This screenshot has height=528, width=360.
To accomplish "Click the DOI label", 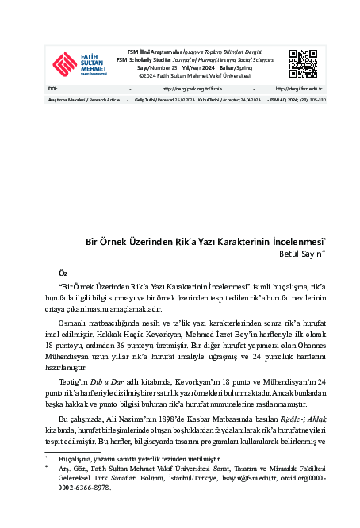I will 52,89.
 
